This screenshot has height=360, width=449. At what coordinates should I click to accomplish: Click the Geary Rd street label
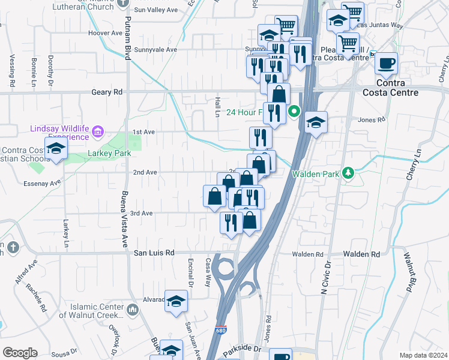pos(107,92)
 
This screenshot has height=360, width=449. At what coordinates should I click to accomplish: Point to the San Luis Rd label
pos(154,253)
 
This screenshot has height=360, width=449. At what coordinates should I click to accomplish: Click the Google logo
pos(20,352)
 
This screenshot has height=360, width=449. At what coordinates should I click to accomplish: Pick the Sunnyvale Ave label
pos(155,50)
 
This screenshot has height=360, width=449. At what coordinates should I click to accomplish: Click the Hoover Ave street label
pos(105,33)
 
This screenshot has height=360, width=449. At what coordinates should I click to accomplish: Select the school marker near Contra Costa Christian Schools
pos(55,149)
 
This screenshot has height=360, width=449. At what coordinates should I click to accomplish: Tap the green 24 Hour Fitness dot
pos(294,111)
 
